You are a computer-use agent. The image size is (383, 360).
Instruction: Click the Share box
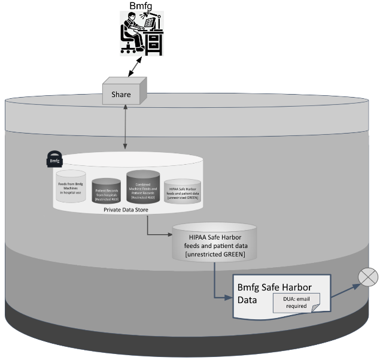click(x=121, y=93)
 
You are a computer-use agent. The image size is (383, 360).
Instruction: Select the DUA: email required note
click(x=296, y=302)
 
